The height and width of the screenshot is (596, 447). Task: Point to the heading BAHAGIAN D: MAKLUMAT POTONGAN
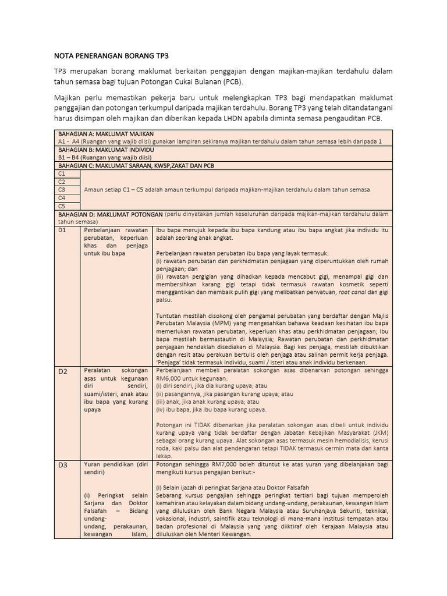109,214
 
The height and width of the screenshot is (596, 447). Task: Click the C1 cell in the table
61,173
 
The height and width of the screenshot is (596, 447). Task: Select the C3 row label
61,190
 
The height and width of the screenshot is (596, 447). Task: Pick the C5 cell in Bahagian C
61,205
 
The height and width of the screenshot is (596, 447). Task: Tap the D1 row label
62,230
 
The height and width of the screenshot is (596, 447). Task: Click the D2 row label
62,371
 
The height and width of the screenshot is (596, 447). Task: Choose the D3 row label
62,465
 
